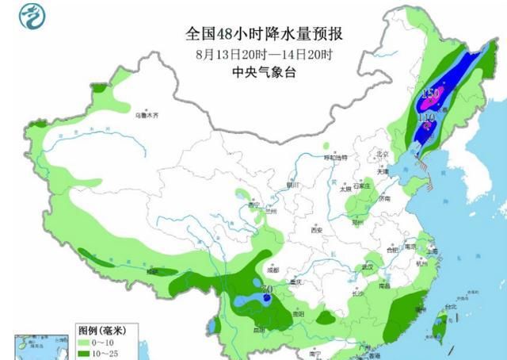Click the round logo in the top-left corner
(29, 17)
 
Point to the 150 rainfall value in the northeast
(431, 94)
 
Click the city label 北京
(383, 153)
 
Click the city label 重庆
(298, 282)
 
